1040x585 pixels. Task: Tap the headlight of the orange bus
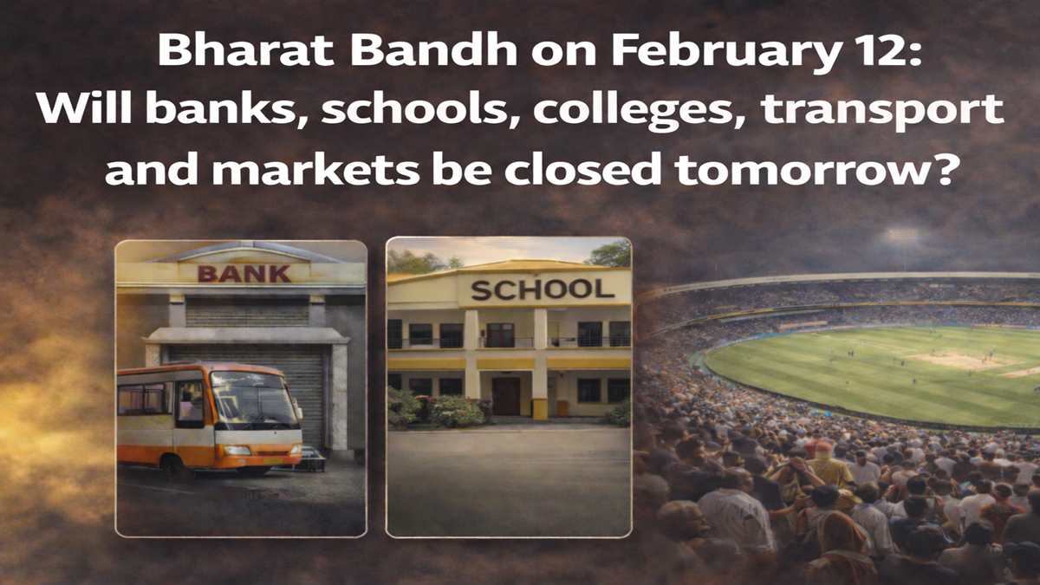coord(236,451)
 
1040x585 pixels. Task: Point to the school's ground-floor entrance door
coord(506,395)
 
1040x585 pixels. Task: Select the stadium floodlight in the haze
coord(901,236)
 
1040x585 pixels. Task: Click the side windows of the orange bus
coord(145,400)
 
